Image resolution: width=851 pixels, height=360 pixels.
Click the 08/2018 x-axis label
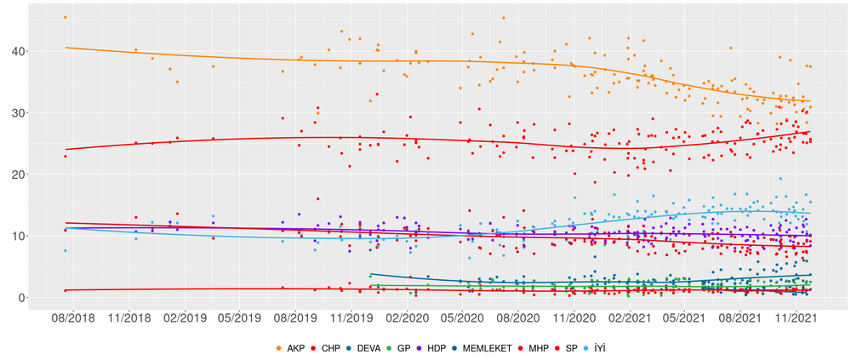(x=66, y=318)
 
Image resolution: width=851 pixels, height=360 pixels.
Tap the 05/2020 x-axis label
(x=460, y=318)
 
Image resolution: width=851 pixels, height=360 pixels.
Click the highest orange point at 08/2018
(x=66, y=17)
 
